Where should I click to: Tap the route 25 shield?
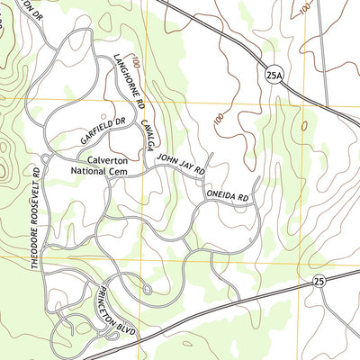[319, 283]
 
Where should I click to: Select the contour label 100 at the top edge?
[307, 8]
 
